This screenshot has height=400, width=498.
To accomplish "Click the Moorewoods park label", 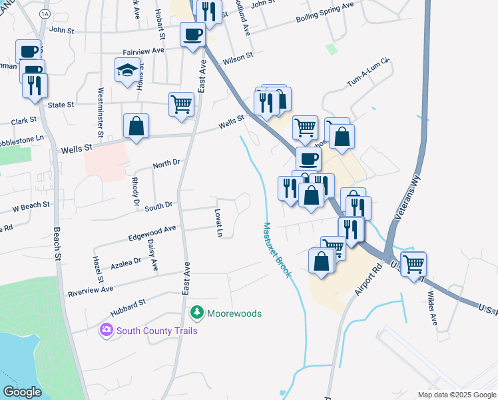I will (x=234, y=313).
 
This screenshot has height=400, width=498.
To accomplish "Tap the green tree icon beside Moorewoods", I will (x=196, y=313).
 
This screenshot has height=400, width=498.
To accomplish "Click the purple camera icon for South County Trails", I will (x=106, y=329).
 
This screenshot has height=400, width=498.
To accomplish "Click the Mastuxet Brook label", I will (x=277, y=250).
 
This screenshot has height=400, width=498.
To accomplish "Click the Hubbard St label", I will (x=128, y=306).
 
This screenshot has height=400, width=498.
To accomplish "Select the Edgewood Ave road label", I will (x=152, y=231).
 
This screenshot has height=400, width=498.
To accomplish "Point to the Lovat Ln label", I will (x=218, y=223).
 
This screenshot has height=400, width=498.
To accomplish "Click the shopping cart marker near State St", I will (x=181, y=104).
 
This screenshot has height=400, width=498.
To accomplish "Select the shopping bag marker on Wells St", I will (x=136, y=125).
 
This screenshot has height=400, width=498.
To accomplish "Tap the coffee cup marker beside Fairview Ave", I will (x=192, y=34).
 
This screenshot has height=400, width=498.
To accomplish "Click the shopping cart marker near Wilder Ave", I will (x=413, y=264).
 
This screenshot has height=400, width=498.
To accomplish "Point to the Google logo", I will (x=22, y=392).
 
